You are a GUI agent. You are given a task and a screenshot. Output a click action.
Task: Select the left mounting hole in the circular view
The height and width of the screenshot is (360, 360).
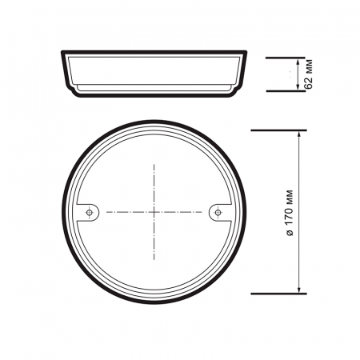pyautogui.click(x=91, y=212)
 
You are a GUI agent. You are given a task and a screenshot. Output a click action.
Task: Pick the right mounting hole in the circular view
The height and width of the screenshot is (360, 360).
pyautogui.click(x=217, y=212)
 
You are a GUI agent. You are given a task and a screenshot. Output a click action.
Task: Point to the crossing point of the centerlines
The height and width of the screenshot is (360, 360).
pyautogui.click(x=154, y=212)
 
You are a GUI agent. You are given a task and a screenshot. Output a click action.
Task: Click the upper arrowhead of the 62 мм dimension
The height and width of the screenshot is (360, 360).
pyautogui.click(x=300, y=61)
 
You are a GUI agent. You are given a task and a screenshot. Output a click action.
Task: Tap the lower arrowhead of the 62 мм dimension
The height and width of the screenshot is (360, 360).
pyautogui.click(x=300, y=88)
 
